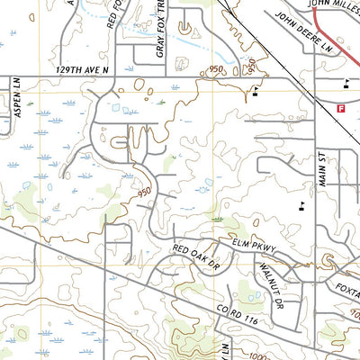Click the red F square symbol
340,107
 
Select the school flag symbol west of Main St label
301,205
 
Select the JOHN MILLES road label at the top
333,4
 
